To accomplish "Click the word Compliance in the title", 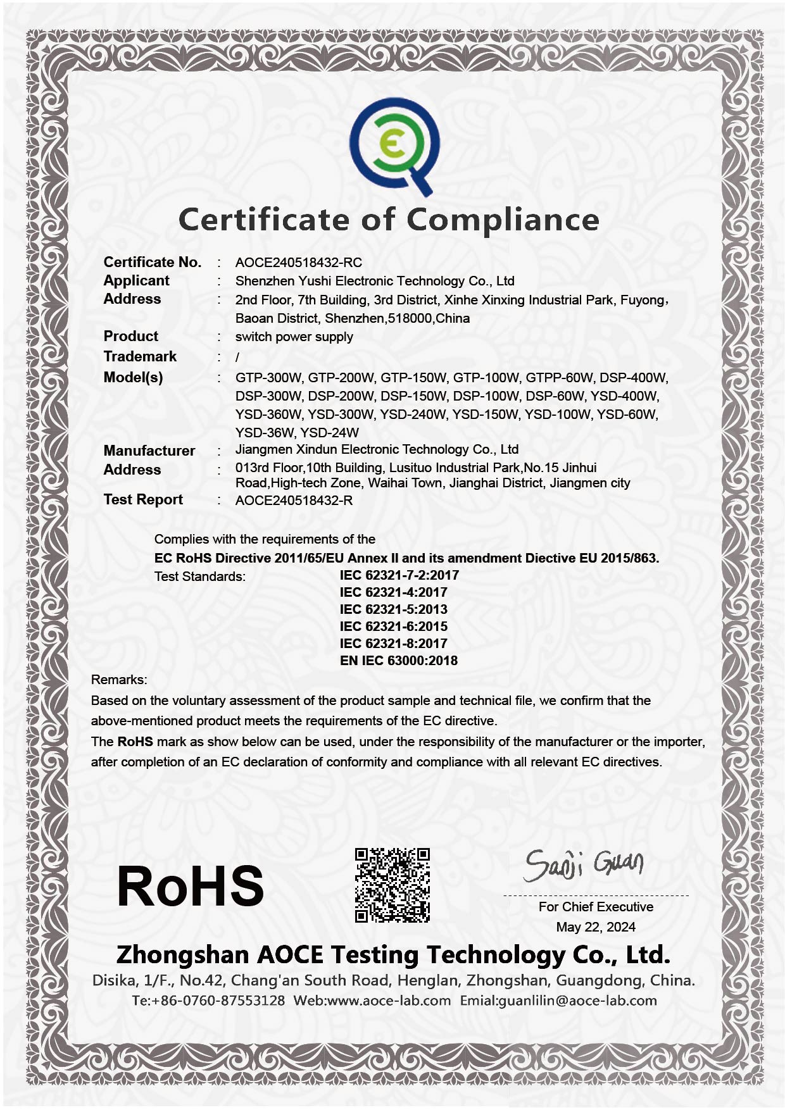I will coord(503,220).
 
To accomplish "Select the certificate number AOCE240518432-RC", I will coord(298,263).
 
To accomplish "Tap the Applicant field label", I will coord(136,280).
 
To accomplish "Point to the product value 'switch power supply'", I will coord(294,337).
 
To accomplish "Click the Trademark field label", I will coord(140,356).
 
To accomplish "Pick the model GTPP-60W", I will coord(559,378).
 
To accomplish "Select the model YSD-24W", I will coord(329,433).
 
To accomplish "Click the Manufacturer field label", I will coord(149,451).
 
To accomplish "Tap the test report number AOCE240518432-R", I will coord(294,501).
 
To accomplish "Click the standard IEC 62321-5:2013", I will coord(393,609).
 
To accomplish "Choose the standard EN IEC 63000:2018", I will coord(398,661).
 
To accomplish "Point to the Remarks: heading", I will coord(119,680).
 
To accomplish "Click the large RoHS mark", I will coord(190,886).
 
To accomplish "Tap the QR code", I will coord(392,885).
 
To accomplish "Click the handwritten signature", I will coord(583,865).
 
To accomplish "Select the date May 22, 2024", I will coord(596,927).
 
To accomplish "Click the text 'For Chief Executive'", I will coord(596,907).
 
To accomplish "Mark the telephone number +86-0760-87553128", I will coord(218,1001).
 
